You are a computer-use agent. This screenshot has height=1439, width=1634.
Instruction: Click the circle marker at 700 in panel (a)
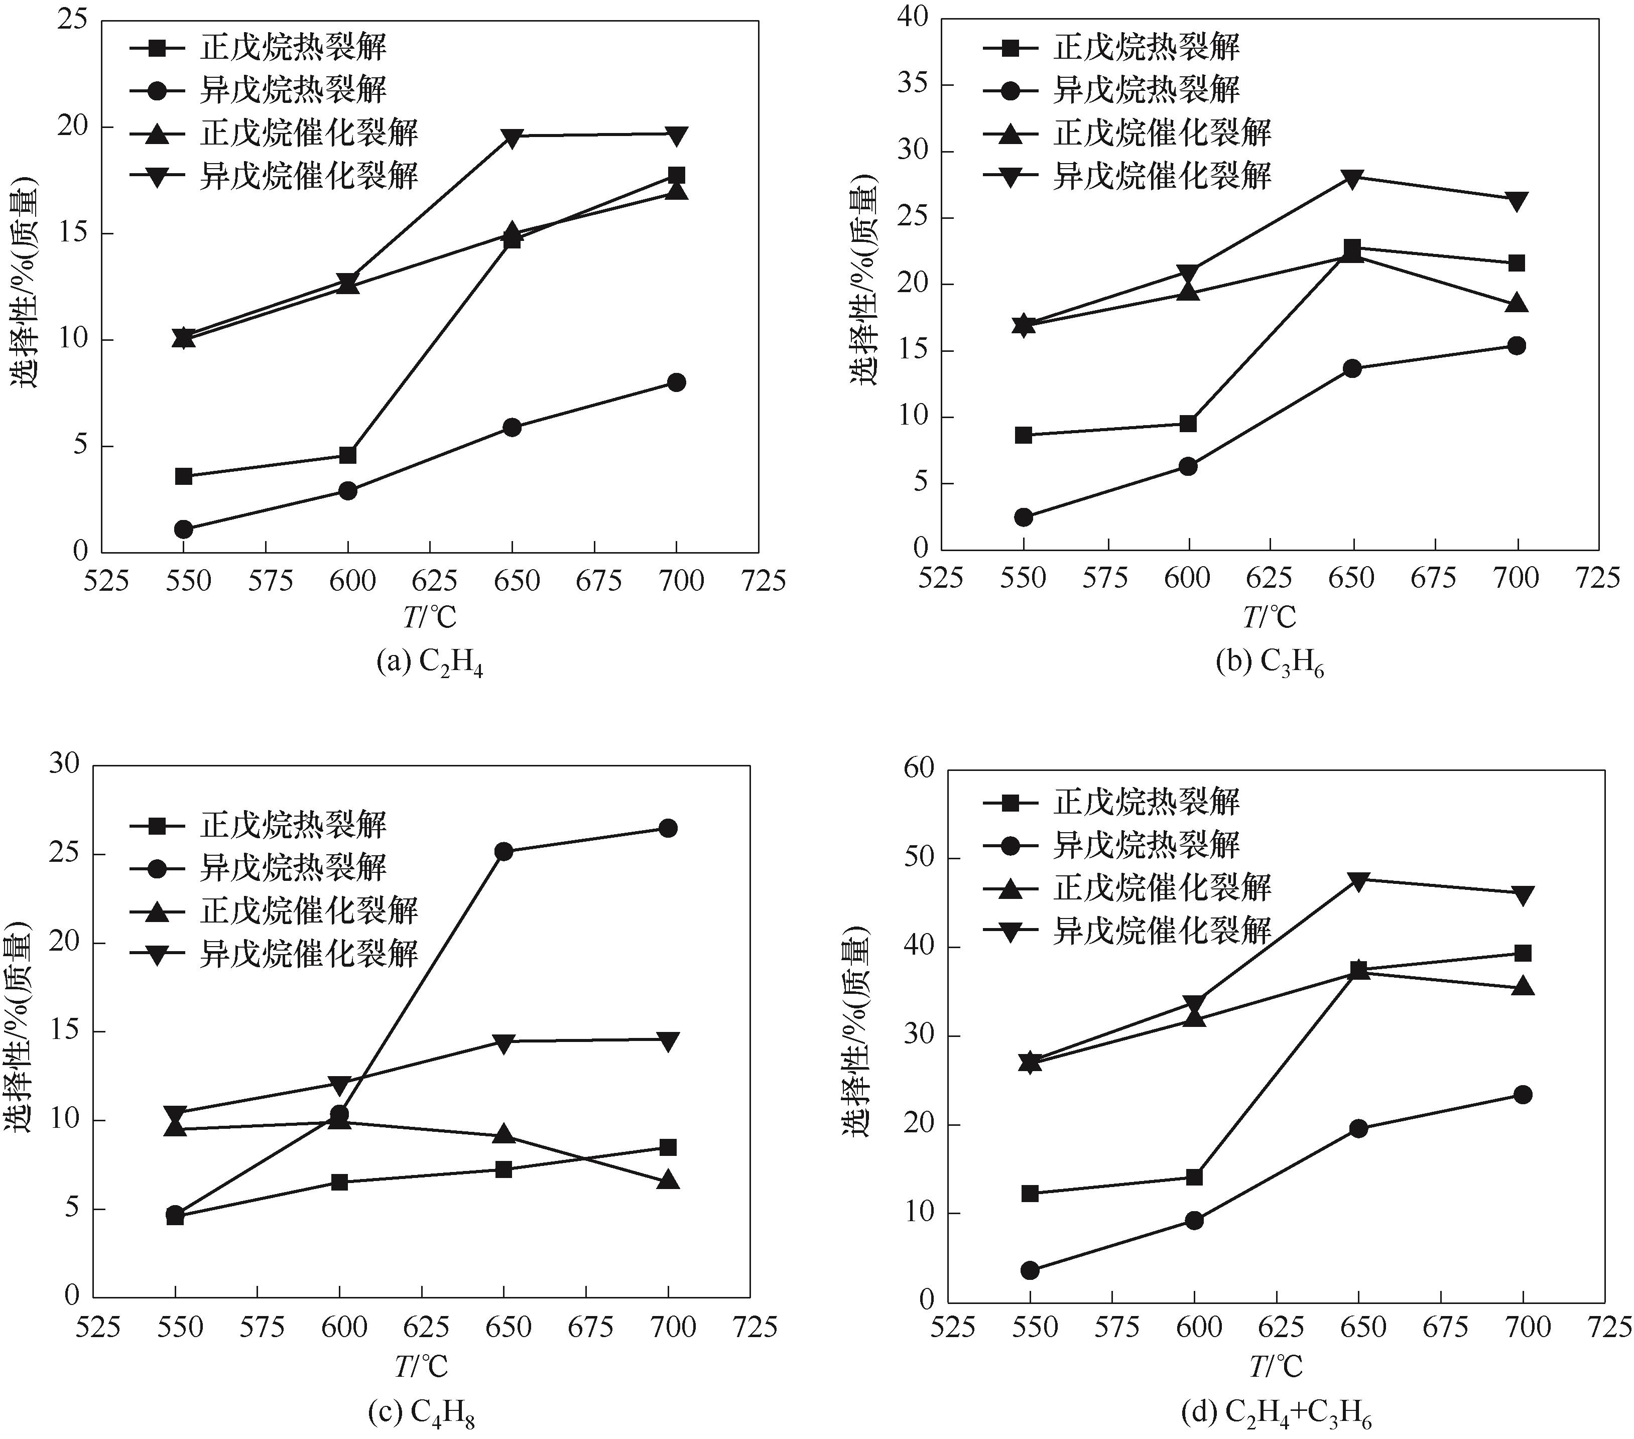pos(676,382)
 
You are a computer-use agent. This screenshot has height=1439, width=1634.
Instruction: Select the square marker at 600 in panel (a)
pos(348,455)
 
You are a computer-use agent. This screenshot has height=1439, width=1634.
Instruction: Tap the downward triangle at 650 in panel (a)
pos(513,137)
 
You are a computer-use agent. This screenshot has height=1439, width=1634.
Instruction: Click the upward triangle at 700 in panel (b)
pos(1517,304)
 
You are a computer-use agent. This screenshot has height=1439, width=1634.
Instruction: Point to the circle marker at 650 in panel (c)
pos(504,851)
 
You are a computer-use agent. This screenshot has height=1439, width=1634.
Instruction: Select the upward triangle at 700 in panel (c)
pos(668,1180)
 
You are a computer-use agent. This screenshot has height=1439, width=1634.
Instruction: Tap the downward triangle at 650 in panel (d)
pos(1358,881)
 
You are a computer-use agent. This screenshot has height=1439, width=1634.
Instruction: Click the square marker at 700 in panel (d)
pos(1523,953)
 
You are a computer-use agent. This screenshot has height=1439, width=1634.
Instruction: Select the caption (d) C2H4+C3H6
pos(1276,1414)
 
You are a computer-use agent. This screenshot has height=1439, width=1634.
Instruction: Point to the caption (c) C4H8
pos(421,1414)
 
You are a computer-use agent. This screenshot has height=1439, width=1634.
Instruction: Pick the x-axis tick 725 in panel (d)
pos(1607,1328)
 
